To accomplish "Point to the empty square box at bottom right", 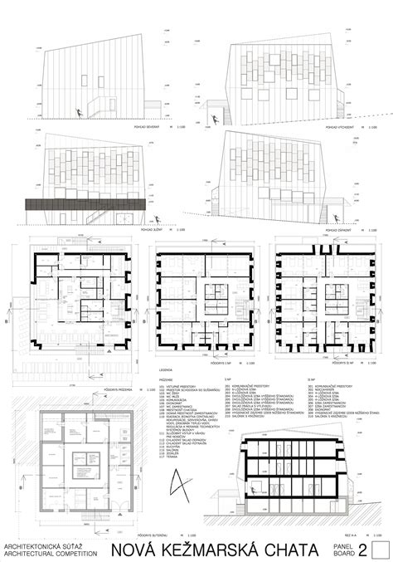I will click(381, 550).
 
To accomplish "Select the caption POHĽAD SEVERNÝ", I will click(147, 128).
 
